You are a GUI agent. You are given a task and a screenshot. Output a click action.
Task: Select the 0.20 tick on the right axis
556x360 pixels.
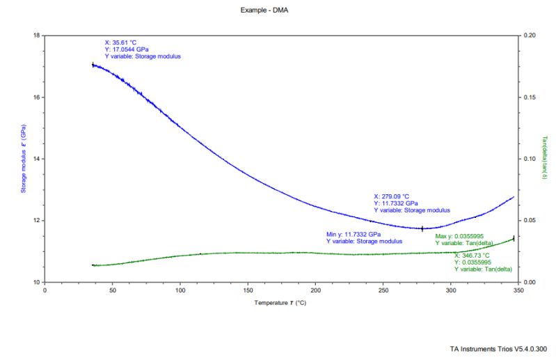click(x=529, y=35)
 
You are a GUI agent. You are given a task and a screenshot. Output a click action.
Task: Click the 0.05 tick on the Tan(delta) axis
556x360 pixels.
click(x=529, y=221)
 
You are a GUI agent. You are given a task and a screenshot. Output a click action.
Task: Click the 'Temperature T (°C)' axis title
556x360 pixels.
click(x=280, y=304)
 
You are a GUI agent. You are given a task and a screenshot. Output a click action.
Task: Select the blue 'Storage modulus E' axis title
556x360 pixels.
click(x=23, y=159)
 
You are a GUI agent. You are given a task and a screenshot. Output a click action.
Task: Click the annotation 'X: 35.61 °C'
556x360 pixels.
click(x=120, y=42)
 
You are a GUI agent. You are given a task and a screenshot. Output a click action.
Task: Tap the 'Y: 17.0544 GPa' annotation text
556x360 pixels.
click(x=127, y=49)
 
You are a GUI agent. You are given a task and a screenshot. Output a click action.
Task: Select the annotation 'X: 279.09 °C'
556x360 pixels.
click(x=392, y=196)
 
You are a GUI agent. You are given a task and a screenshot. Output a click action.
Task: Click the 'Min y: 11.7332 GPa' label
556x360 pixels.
click(x=354, y=234)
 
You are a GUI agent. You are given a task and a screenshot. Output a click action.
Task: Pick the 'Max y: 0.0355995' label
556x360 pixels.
click(x=464, y=236)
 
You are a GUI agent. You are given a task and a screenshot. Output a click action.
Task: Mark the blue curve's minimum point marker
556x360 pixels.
click(x=422, y=228)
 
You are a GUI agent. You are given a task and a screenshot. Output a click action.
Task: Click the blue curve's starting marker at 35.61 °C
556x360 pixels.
click(x=93, y=65)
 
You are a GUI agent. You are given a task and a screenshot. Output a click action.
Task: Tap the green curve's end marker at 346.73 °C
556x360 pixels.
click(x=514, y=239)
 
